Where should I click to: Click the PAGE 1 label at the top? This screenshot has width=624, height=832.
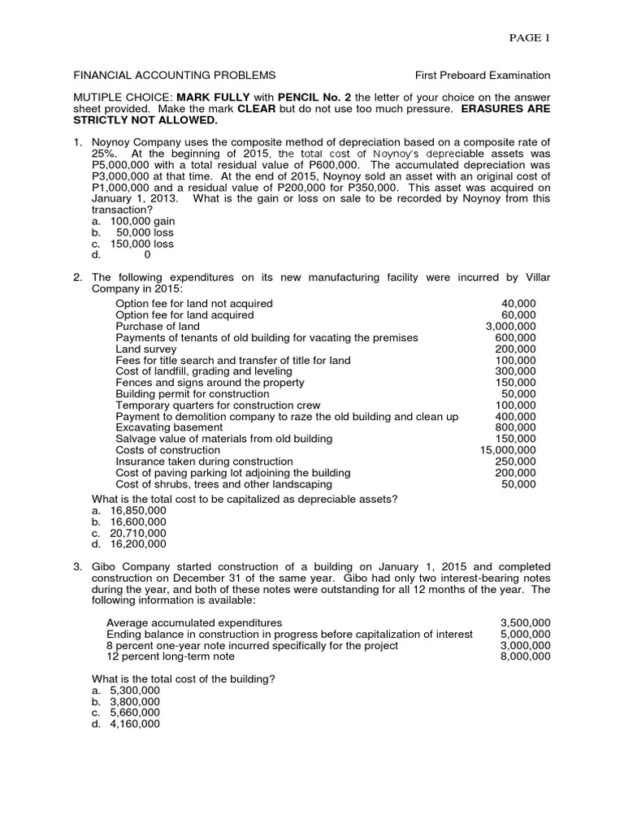pos(529,38)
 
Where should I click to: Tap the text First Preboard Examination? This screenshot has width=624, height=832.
pos(483,76)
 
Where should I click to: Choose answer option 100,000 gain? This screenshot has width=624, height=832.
pos(142,221)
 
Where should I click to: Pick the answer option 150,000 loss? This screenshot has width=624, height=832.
pos(142,244)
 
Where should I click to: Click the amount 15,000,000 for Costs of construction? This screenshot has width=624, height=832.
pos(508,450)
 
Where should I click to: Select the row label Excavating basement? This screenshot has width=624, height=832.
pos(169,427)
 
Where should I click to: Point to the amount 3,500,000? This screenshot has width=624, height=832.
pos(525,622)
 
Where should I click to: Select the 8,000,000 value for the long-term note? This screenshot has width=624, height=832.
pos(525,656)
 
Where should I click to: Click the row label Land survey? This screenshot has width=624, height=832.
pos(146,349)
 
